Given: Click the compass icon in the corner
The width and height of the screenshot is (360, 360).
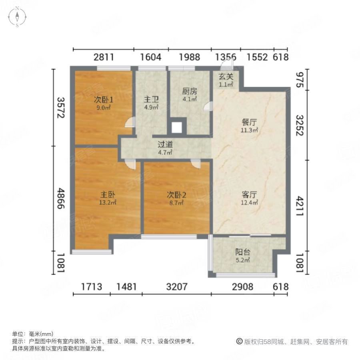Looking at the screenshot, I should click(x=18, y=17).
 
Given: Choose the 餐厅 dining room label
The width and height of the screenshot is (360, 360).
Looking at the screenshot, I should click(x=249, y=122).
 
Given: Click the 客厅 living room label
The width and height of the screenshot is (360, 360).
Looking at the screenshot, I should click(x=249, y=195).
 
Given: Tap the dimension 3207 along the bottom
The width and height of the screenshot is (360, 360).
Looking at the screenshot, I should click(x=176, y=287).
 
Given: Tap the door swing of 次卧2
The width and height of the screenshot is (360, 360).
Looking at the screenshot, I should click(x=196, y=164).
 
